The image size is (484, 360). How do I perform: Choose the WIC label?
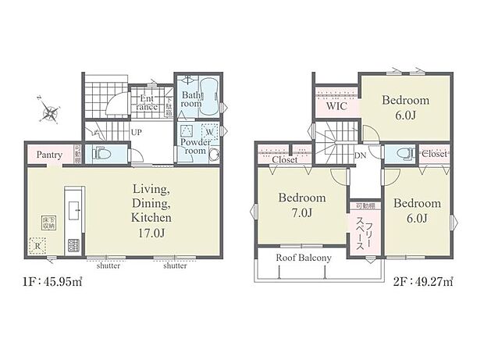[x=336, y=107]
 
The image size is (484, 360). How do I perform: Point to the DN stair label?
[x=361, y=155]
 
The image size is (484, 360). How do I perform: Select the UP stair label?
[x=136, y=132]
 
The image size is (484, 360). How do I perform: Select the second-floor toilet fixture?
[x=401, y=153]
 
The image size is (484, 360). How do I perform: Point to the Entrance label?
[x=148, y=102]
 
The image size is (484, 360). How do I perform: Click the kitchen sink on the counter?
[x=74, y=209]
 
